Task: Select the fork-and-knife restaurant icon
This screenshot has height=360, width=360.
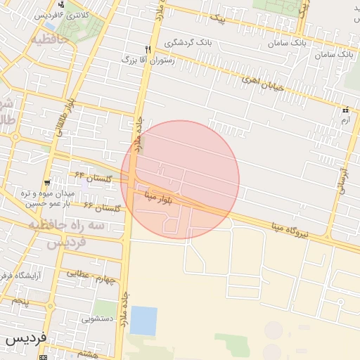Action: click(148, 50)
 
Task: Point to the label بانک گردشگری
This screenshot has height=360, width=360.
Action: click(188, 43)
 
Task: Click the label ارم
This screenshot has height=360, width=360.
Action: click(345, 122)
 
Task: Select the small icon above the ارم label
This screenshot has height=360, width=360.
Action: click(345, 111)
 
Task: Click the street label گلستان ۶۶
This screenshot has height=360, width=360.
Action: click(103, 207)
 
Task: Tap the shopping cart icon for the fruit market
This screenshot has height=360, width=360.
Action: click(46, 183)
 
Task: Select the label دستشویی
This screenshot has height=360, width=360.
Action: click(97, 319)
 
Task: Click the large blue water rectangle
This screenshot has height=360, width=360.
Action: click(143, 321)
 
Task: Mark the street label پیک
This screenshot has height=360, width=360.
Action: click(219, 20)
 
